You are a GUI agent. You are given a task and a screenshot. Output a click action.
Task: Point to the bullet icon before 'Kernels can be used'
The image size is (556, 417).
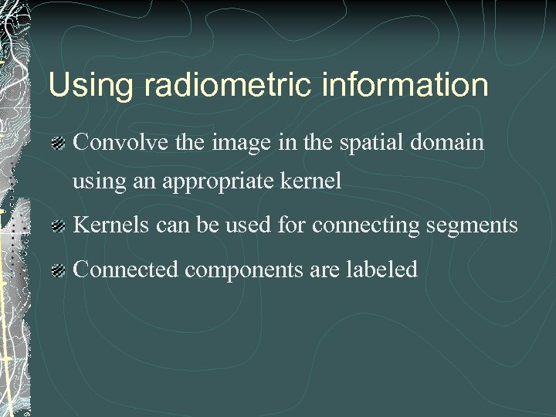tap(58, 226)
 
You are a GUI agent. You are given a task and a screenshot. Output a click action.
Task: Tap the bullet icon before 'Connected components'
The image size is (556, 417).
tap(58, 270)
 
